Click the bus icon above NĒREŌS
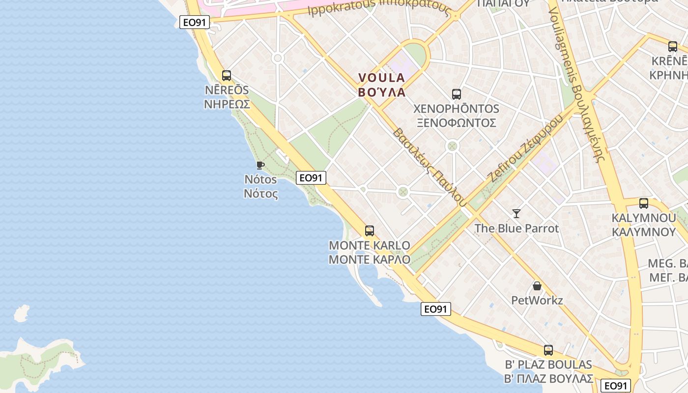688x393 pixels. pyautogui.click(x=226, y=76)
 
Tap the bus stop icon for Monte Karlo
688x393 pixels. pyautogui.click(x=369, y=230)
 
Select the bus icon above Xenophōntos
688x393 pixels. pyautogui.click(x=456, y=94)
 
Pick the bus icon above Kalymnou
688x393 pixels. pyautogui.click(x=643, y=203)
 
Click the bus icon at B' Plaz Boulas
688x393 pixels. pyautogui.click(x=548, y=350)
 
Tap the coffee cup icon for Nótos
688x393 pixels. pyautogui.click(x=260, y=165)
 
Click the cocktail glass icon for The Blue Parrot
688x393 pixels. pyautogui.click(x=516, y=213)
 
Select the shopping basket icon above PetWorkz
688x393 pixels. pyautogui.click(x=537, y=286)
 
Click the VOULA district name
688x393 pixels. pyautogui.click(x=382, y=78)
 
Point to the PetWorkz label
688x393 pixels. pyautogui.click(x=537, y=300)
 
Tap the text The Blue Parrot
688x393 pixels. pyautogui.click(x=516, y=228)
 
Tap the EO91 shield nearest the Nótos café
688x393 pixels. pyautogui.click(x=311, y=178)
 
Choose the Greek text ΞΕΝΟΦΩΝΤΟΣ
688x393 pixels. pyautogui.click(x=456, y=123)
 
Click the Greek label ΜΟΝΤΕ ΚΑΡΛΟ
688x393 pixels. pyautogui.click(x=369, y=259)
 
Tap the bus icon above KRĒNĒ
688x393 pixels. pyautogui.click(x=672, y=47)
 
